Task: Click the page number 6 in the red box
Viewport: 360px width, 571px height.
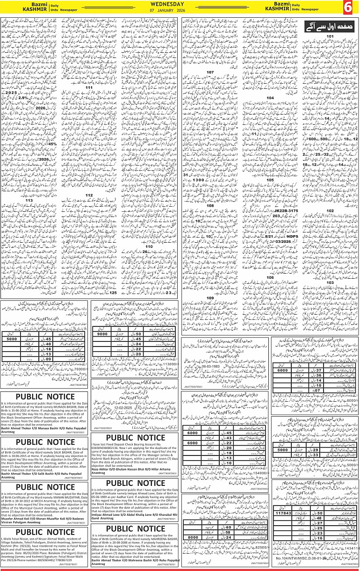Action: point(350,8)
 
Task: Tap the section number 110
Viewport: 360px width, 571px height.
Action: point(150,246)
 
